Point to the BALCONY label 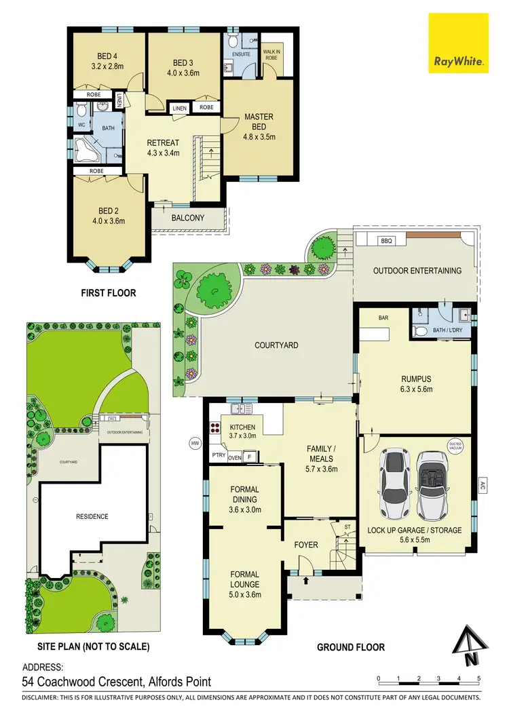pos(188,218)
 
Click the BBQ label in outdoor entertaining pos(387,240)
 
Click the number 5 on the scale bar pos(479,678)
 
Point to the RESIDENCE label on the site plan pos(92,517)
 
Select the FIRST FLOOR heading pos(109,293)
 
